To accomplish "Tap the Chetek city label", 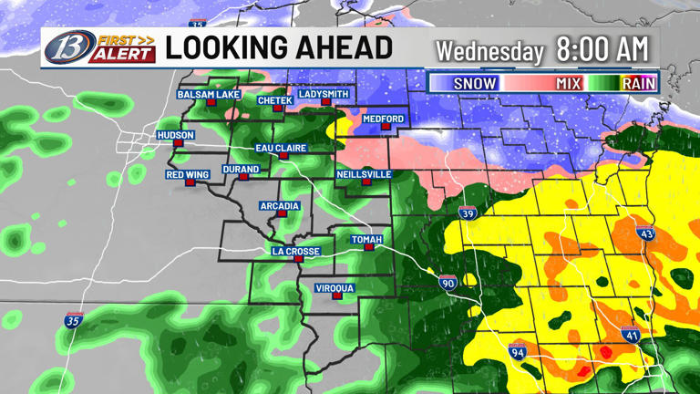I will [x=274, y=100].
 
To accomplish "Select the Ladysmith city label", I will [x=324, y=94].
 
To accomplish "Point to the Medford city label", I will [x=383, y=119].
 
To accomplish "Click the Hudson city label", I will [x=175, y=134].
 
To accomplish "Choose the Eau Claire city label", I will [x=282, y=148].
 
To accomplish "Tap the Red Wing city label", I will [x=189, y=174].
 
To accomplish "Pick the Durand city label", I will [x=241, y=169].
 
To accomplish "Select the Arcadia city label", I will [x=279, y=206].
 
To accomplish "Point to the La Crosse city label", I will [x=295, y=251].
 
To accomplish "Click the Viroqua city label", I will [x=335, y=288].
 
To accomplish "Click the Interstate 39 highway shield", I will [x=467, y=214].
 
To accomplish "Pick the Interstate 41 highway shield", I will [x=630, y=334].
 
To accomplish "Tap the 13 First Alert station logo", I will [x=97, y=48].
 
